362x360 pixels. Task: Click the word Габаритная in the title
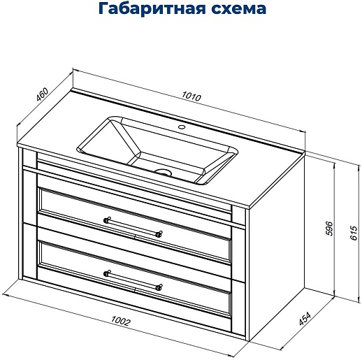[152, 9]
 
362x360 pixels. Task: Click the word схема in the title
[239, 9]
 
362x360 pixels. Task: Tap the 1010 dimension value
[191, 96]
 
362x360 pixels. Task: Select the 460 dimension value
[42, 94]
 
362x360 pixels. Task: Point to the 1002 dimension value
[121, 321]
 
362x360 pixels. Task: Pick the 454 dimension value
[305, 318]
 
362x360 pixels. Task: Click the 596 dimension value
[330, 229]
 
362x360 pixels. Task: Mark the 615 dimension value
[354, 233]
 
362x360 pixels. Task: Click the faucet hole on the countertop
[182, 127]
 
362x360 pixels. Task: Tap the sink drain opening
[164, 173]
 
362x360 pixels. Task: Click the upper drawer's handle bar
[133, 226]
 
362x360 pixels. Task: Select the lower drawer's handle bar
[133, 280]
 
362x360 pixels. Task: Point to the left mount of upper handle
[107, 219]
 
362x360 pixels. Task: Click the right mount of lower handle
[159, 287]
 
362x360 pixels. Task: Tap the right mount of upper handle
[159, 233]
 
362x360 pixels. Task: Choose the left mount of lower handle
[107, 273]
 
